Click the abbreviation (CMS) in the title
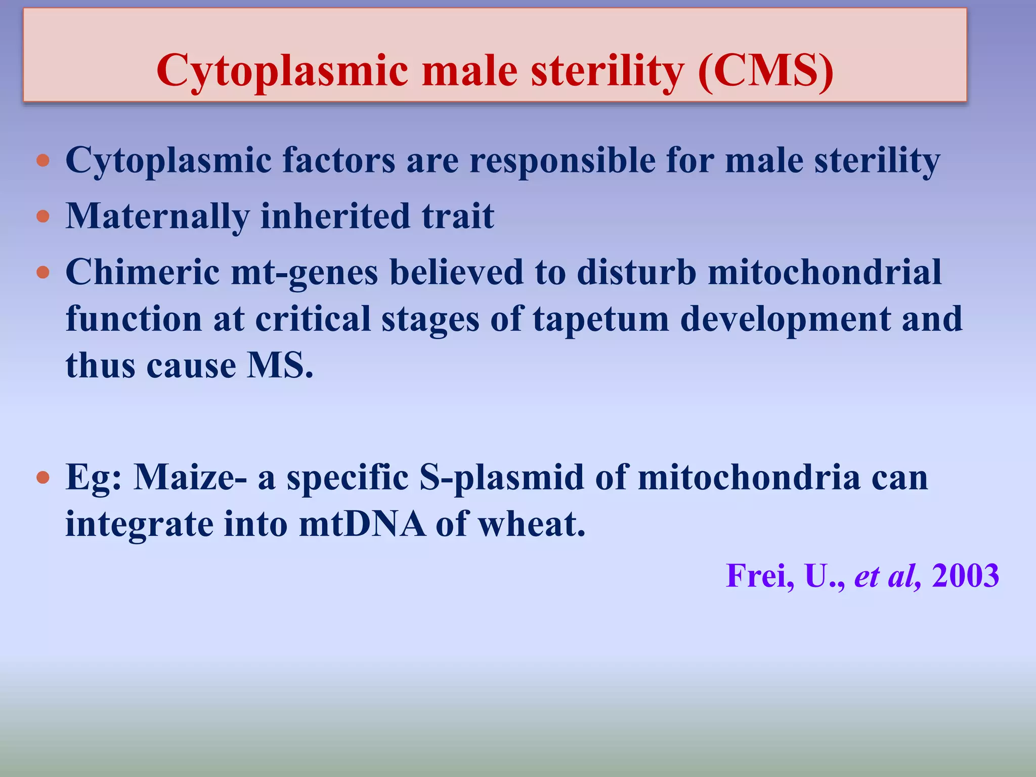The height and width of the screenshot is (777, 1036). tap(765, 71)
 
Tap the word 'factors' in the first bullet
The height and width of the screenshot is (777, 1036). tap(338, 160)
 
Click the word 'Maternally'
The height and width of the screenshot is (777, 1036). tap(157, 217)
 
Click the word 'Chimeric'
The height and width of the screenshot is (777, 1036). tap(142, 272)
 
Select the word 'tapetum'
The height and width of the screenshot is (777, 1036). tap(601, 320)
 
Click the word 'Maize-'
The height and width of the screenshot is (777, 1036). tap(190, 477)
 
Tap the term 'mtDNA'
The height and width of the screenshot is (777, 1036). tap(362, 524)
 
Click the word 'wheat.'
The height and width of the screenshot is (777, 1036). tap(532, 524)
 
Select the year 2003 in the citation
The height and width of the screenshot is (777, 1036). tap(965, 576)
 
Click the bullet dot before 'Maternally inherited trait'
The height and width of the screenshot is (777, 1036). tap(44, 217)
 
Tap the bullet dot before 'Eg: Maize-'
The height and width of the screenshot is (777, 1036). tap(44, 478)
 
